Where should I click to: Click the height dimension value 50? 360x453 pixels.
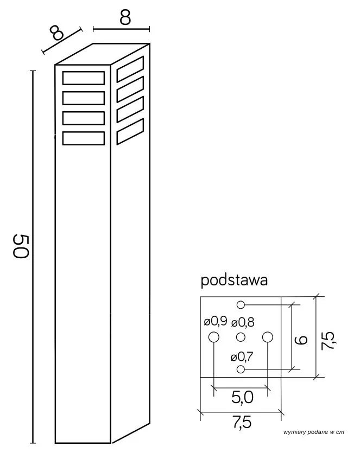(x=21, y=246)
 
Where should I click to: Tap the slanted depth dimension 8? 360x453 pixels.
(x=56, y=33)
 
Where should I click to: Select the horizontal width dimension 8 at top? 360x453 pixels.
(x=125, y=18)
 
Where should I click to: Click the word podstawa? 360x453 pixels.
(x=234, y=280)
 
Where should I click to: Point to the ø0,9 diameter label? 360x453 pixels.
(x=216, y=321)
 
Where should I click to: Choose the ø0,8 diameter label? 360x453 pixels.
(x=243, y=322)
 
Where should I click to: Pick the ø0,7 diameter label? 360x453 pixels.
(x=242, y=357)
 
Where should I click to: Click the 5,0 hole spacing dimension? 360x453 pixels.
(x=242, y=398)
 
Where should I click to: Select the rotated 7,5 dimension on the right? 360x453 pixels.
(x=328, y=341)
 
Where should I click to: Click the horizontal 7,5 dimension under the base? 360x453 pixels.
(x=242, y=423)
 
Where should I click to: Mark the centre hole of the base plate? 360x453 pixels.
(x=241, y=337)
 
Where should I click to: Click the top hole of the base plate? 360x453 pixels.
(x=241, y=304)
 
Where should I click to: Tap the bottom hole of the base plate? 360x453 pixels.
(x=241, y=369)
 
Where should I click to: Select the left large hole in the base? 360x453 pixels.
(x=214, y=337)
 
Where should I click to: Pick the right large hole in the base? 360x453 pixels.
(x=268, y=337)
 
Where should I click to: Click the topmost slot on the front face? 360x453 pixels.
(x=84, y=78)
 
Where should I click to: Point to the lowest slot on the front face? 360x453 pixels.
(x=84, y=138)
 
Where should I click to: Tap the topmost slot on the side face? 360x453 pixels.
(x=130, y=69)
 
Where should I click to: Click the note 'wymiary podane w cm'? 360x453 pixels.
(x=314, y=432)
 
